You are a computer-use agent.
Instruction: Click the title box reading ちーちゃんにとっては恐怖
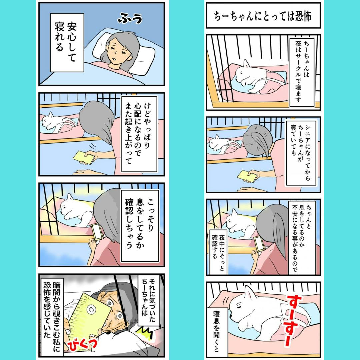tap(263, 15)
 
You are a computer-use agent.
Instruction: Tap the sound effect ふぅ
tap(130, 18)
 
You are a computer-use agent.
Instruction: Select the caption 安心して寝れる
tap(67, 42)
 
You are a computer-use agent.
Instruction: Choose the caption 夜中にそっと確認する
tap(218, 252)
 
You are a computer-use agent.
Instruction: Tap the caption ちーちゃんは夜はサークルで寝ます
tap(302, 72)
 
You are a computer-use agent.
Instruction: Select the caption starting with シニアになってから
tap(301, 153)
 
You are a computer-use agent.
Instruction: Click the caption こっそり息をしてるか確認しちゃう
tap(140, 226)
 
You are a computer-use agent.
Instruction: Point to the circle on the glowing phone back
tap(91, 310)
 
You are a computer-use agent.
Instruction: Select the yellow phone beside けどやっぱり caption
tap(84, 157)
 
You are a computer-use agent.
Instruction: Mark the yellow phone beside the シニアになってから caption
tap(247, 176)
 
